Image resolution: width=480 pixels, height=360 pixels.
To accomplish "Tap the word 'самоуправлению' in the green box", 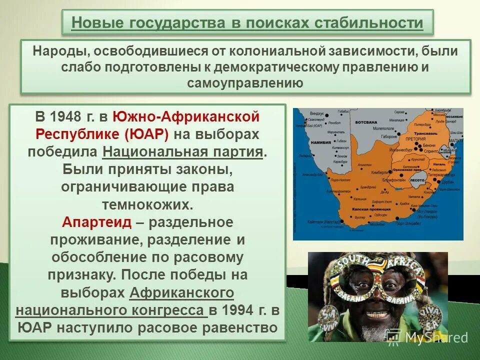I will pos(245,83).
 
